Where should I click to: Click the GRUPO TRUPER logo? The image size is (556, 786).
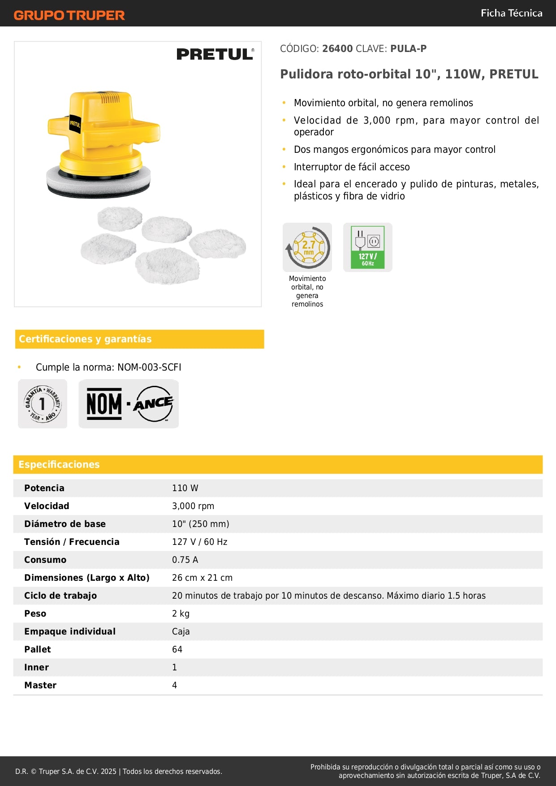tap(69, 15)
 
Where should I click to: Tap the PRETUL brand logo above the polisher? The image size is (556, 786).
tap(215, 54)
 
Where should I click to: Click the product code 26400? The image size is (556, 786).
tap(337, 49)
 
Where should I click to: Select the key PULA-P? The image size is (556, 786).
tap(408, 49)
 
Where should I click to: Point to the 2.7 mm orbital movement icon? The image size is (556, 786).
tap(307, 247)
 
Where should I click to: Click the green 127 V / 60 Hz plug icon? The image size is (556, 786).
tap(367, 247)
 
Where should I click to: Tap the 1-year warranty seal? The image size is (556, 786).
tap(43, 404)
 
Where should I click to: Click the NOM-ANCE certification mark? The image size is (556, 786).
tap(129, 404)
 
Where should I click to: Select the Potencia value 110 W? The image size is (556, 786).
tap(185, 488)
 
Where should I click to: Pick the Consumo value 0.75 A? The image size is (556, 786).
tap(185, 560)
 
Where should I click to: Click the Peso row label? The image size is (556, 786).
tap(35, 613)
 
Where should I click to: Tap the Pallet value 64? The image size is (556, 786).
tap(177, 649)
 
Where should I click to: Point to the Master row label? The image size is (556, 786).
tap(40, 685)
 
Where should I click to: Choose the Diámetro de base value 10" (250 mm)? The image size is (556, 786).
tap(201, 524)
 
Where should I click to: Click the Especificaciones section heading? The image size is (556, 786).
tap(59, 465)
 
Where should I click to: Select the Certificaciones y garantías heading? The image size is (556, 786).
tap(85, 339)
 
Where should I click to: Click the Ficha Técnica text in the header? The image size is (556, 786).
tap(511, 13)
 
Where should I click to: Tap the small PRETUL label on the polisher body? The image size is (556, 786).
tap(75, 124)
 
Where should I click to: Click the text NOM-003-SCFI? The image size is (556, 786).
tap(149, 367)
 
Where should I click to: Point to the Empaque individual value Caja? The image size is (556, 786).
tap(181, 631)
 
